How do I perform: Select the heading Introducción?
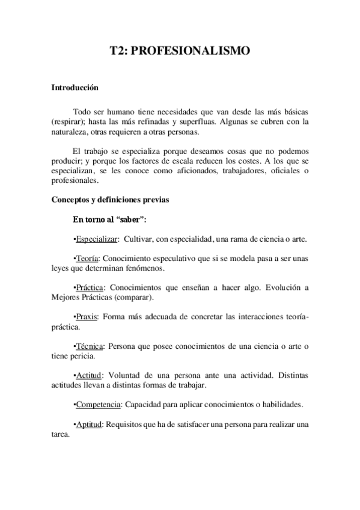coord(75,88)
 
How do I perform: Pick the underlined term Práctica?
coord(89,287)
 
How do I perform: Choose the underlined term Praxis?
coord(87,316)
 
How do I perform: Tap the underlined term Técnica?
coord(89,346)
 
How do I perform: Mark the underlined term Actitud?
coord(88,375)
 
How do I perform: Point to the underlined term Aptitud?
coord(88,423)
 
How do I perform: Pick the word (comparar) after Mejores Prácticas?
coord(136,297)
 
